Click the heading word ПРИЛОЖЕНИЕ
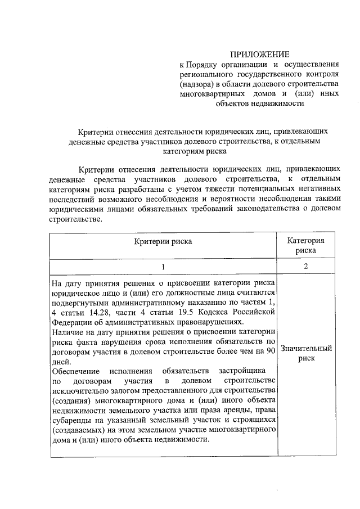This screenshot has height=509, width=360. [259, 55]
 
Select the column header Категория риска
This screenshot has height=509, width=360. [305, 245]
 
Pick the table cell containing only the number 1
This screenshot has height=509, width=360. [163, 266]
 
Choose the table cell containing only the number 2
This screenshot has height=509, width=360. [305, 266]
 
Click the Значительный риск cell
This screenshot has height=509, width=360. [305, 353]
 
